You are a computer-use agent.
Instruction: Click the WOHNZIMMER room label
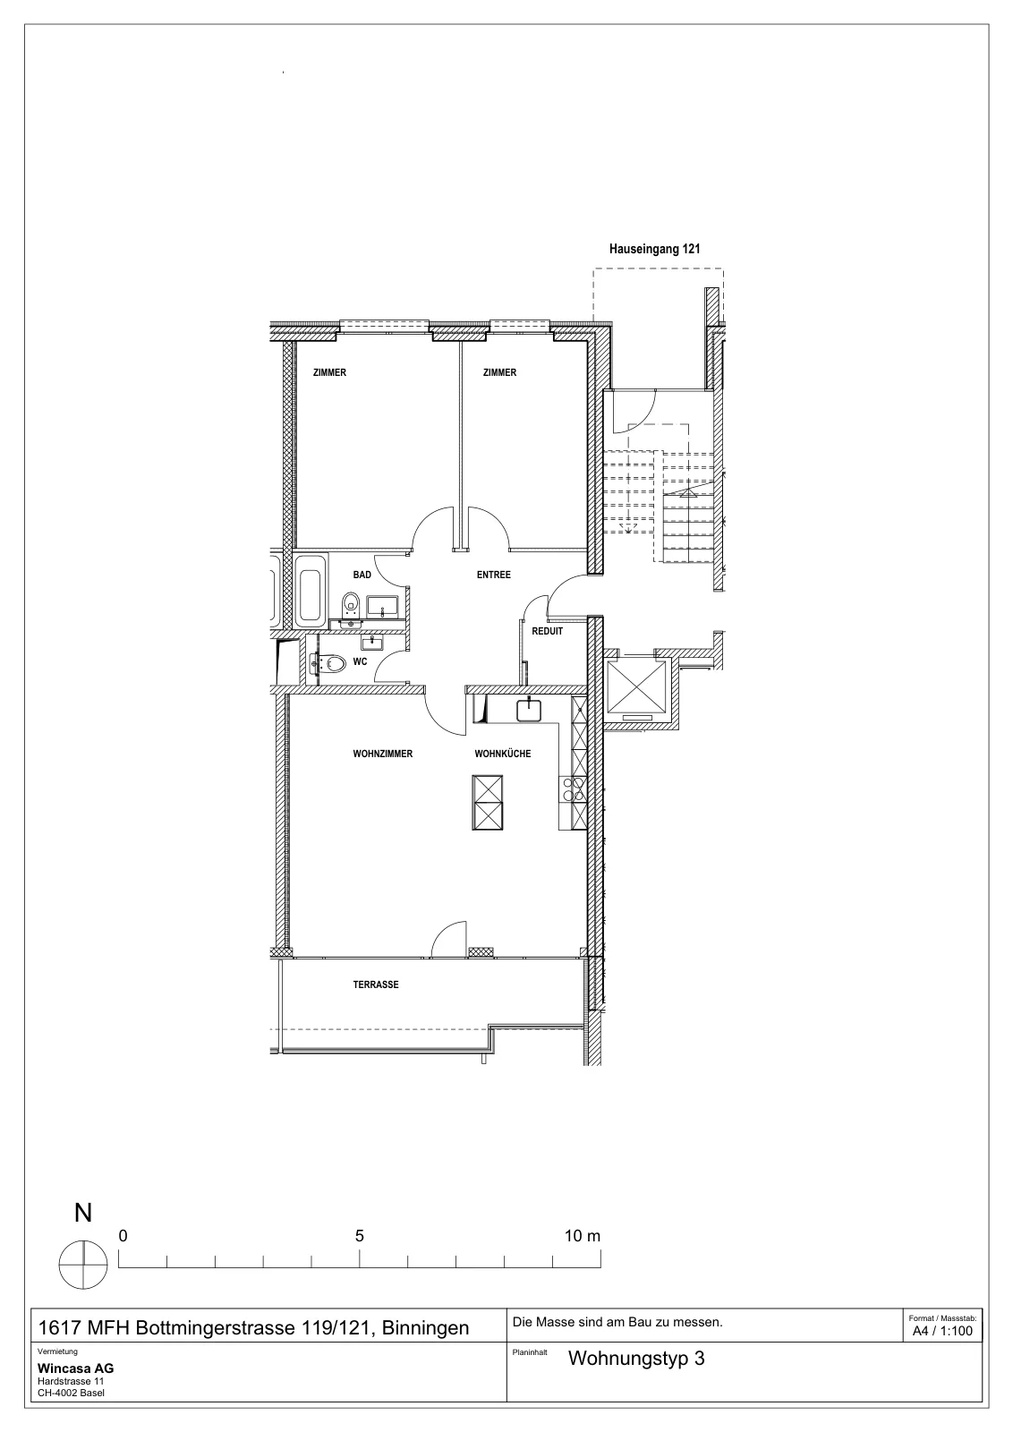[x=382, y=754]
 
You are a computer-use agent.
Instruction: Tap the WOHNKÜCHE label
[x=502, y=754]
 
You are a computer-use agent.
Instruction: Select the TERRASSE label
[x=376, y=984]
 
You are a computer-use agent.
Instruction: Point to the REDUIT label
[x=547, y=631]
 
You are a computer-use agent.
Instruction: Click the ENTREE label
[x=493, y=575]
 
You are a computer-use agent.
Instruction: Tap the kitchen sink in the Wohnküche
[x=529, y=711]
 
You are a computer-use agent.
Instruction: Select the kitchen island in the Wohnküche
[x=487, y=802]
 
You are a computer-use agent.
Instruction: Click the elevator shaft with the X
[x=635, y=686]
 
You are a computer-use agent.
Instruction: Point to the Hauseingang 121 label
[x=654, y=250]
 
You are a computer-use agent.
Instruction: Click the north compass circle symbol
[x=83, y=1265]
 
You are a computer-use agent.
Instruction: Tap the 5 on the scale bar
[x=359, y=1236]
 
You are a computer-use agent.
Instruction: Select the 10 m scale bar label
[x=583, y=1236]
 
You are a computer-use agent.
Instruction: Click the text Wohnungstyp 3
[x=636, y=1358]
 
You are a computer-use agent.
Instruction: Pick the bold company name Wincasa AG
[x=75, y=1368]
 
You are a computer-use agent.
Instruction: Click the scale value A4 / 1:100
[x=942, y=1331]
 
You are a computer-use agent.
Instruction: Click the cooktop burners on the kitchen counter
[x=572, y=789]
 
